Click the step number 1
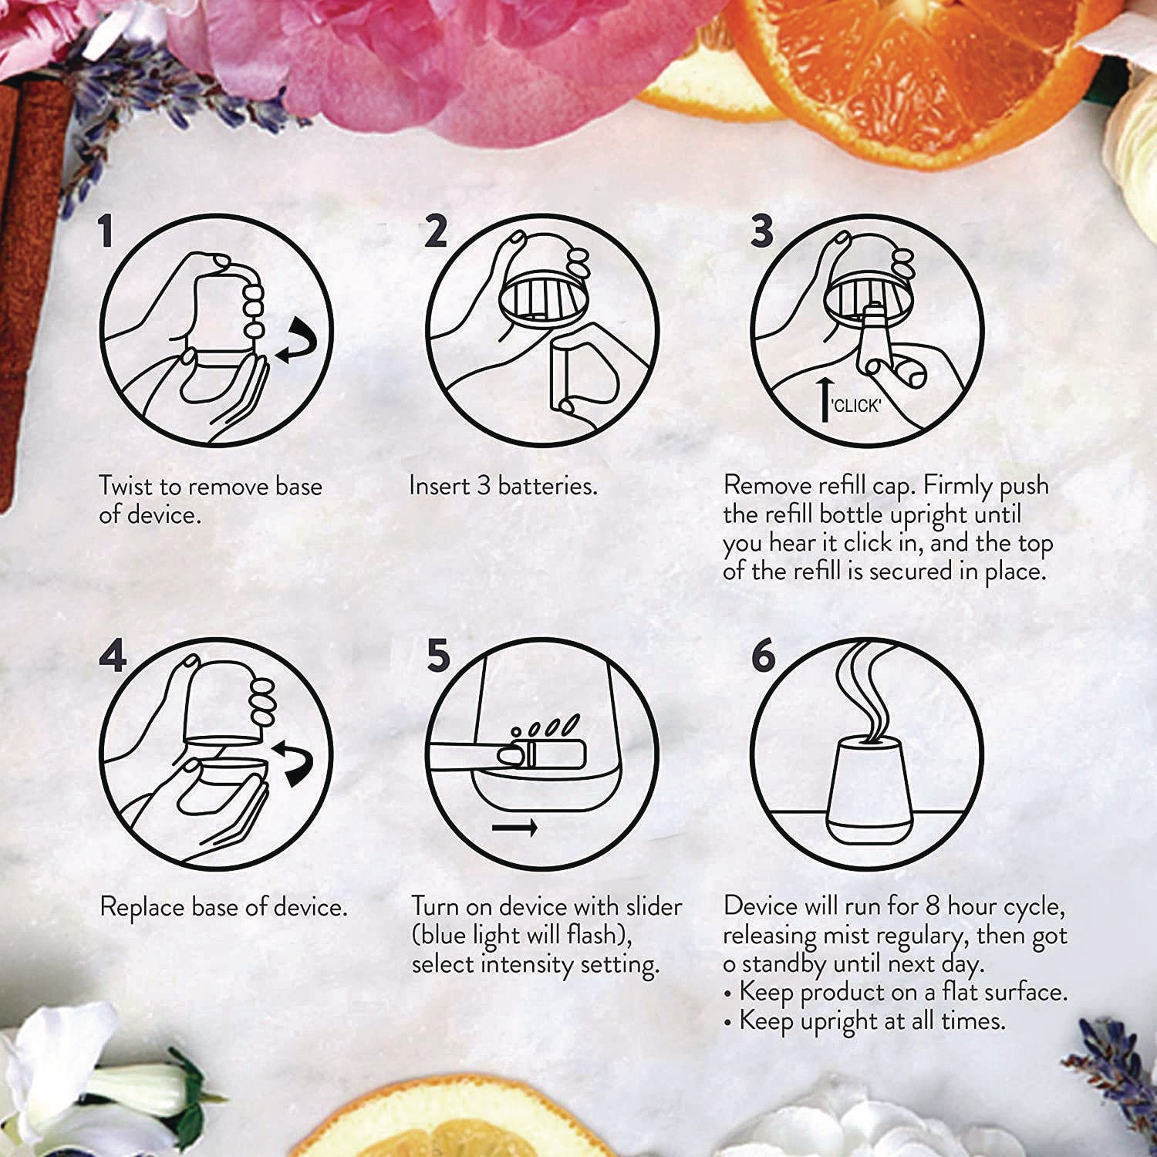[x=106, y=231]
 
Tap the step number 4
[x=113, y=657]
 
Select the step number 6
[x=763, y=656]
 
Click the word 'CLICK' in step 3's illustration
[x=856, y=406]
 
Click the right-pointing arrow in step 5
[x=514, y=828]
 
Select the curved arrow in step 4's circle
[x=294, y=764]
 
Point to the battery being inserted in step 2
[x=562, y=377]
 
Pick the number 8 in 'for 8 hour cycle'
[x=933, y=906]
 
